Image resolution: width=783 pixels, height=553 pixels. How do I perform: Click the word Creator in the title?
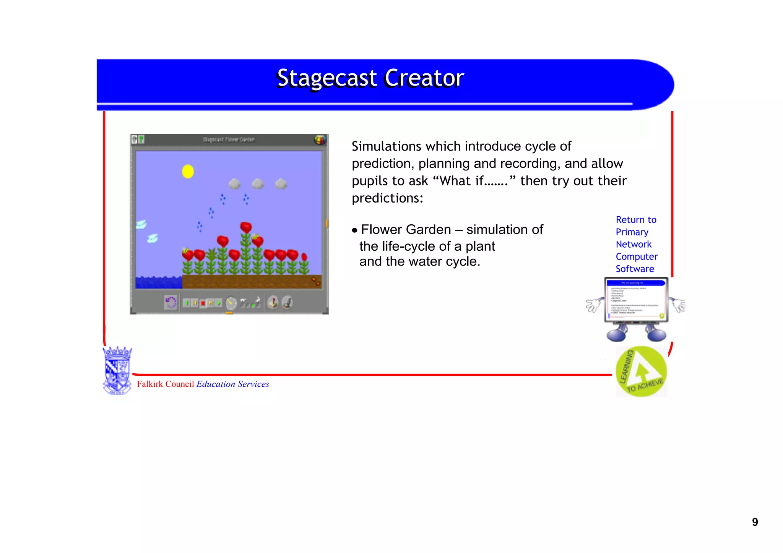(424, 78)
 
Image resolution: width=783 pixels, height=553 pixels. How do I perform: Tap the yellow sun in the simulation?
(188, 171)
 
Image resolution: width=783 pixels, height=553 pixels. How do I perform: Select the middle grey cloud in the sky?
(258, 184)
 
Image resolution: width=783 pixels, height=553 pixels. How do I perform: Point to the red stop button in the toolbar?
(203, 303)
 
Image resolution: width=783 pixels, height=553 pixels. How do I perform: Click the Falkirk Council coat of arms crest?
(117, 370)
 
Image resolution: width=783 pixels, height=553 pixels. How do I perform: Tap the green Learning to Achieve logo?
(641, 371)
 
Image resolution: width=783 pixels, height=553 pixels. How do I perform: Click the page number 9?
(755, 522)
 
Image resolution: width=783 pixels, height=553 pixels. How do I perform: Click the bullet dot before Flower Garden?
(355, 230)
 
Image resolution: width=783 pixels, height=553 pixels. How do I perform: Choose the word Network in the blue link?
(634, 244)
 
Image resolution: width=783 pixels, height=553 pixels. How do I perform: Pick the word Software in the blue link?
(635, 269)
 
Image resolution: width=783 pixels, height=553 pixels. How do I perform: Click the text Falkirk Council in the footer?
(165, 384)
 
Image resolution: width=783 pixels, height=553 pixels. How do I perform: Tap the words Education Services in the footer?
(232, 384)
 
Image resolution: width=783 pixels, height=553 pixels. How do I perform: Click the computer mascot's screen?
(636, 299)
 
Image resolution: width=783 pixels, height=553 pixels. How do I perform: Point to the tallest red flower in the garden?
(246, 227)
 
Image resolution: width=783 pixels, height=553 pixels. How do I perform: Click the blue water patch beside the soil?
(158, 282)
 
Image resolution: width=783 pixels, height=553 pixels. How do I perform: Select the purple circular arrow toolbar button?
(171, 303)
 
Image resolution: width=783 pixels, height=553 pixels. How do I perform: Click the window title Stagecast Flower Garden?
(229, 139)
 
